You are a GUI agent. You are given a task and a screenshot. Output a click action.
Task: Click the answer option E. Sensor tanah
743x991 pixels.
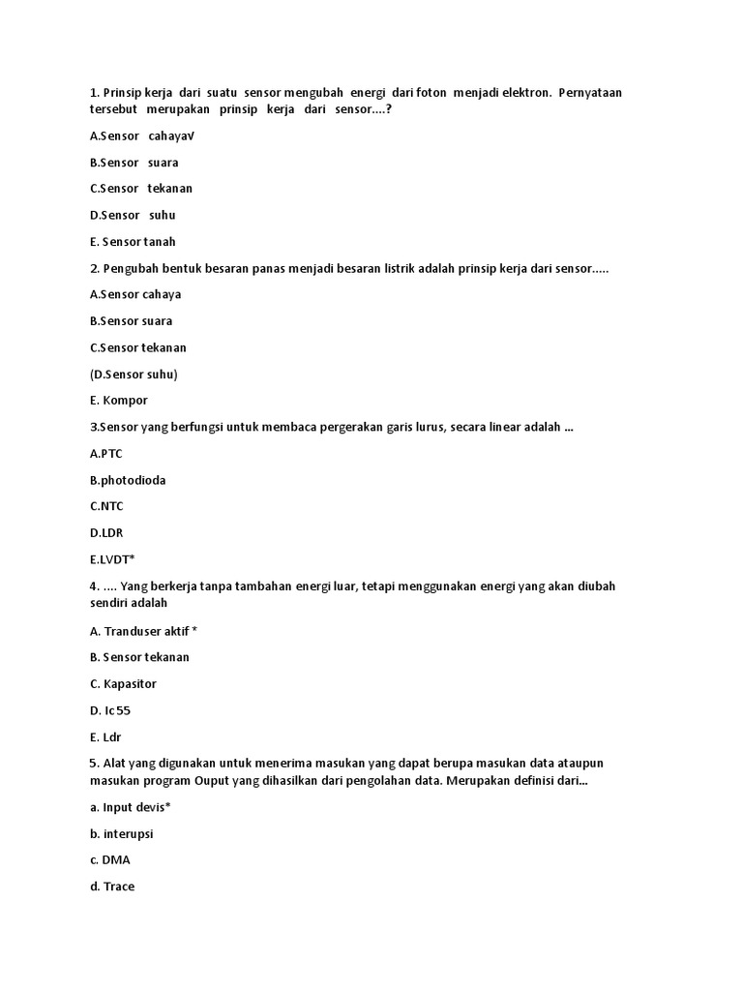[x=133, y=242]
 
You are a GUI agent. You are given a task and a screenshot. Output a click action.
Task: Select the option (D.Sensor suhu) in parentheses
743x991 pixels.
[x=134, y=374]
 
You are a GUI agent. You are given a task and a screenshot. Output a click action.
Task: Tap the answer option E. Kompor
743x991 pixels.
[x=118, y=400]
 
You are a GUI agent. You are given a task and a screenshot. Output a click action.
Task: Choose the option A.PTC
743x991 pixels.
[x=106, y=453]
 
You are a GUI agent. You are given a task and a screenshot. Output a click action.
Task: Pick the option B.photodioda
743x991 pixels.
[x=128, y=480]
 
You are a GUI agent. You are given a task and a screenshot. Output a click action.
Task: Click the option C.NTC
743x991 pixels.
[x=106, y=506]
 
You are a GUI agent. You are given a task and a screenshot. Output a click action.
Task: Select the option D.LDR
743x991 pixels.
[x=106, y=532]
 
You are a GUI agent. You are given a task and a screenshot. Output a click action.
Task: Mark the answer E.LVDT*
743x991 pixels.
[x=112, y=558]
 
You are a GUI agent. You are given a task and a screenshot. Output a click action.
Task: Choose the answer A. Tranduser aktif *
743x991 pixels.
[x=143, y=631]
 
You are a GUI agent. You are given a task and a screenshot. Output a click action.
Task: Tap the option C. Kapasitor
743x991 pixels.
[x=123, y=684]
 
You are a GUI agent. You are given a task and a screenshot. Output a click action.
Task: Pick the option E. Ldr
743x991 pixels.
[x=105, y=736]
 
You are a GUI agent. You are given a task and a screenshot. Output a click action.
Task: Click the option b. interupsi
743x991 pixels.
[x=122, y=833]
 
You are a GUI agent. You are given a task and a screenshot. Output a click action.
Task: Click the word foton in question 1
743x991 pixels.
[x=431, y=93]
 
